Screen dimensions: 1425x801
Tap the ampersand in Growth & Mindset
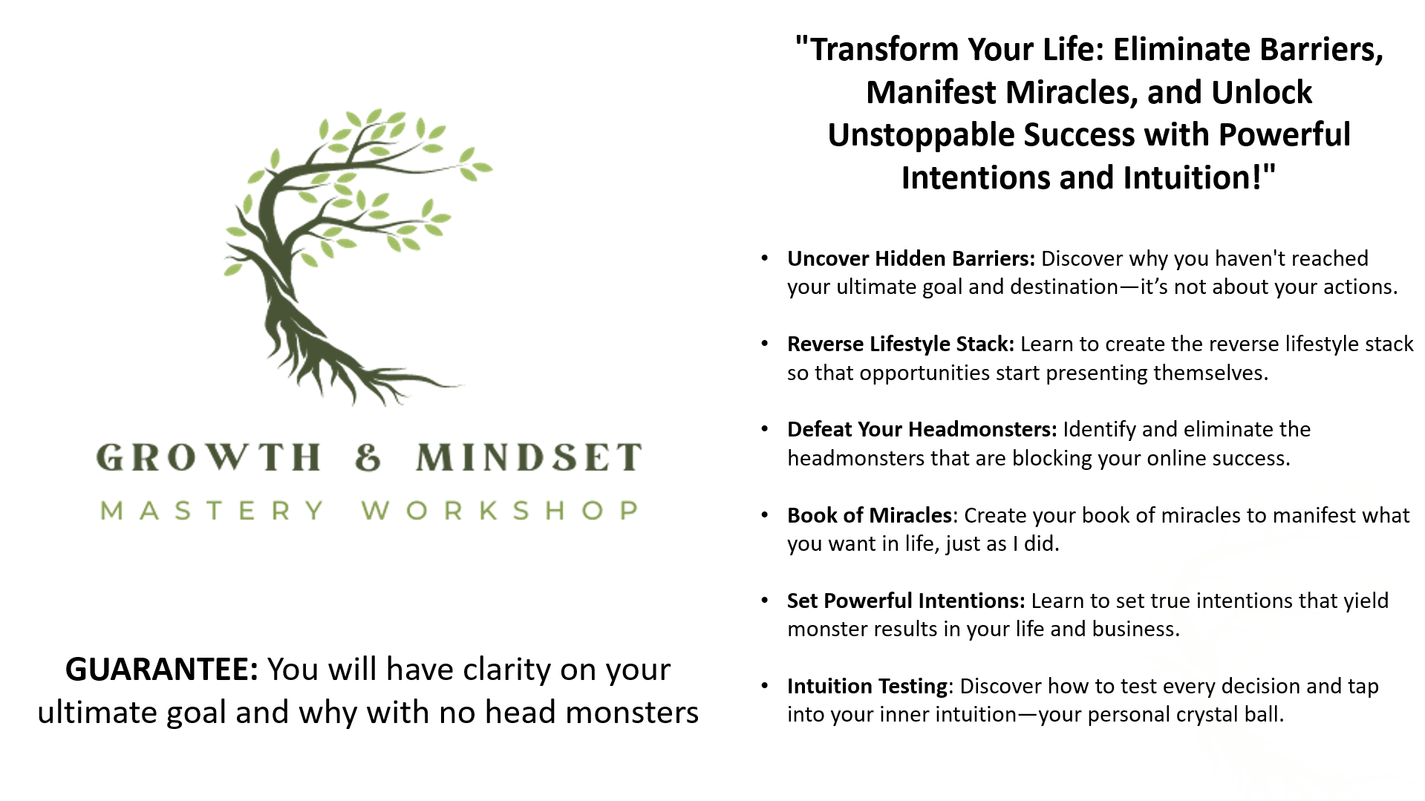click(x=368, y=457)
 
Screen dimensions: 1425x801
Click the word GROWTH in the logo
click(x=209, y=457)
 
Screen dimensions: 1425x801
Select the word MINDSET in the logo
click(x=529, y=457)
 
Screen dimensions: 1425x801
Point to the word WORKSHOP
click(x=500, y=511)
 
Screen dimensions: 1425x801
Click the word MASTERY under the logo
click(x=212, y=511)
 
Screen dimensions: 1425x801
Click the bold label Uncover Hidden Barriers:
click(x=911, y=258)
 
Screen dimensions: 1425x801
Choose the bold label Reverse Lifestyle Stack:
click(x=901, y=344)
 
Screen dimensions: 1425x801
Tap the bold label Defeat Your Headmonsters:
click(x=922, y=429)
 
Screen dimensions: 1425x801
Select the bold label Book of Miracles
click(x=870, y=515)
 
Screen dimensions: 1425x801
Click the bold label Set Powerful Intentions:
click(x=906, y=601)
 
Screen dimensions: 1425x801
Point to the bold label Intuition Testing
click(x=867, y=686)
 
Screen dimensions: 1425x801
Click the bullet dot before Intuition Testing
click(x=765, y=686)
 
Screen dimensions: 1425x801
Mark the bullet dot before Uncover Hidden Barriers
click(x=765, y=258)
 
